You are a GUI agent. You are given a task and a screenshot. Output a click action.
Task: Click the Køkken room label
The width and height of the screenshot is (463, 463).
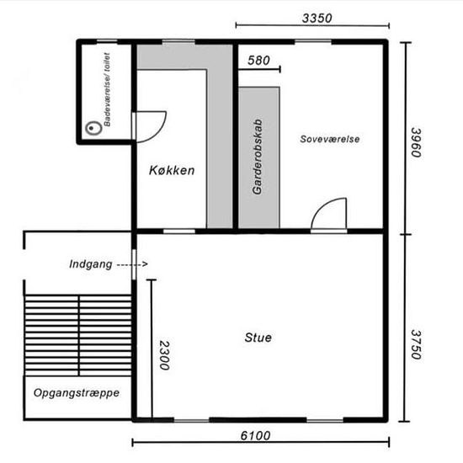point(172,170)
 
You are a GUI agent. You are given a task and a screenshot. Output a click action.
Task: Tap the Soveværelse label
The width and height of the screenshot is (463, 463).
point(330,139)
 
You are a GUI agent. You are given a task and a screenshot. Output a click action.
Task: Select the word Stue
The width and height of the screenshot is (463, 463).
point(258,338)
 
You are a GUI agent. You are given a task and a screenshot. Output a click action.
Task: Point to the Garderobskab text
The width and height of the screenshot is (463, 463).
point(258,157)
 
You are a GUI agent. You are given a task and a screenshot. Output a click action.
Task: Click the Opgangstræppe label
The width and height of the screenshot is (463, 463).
point(77,393)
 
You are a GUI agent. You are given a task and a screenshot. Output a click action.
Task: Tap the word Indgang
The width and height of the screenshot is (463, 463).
point(91,264)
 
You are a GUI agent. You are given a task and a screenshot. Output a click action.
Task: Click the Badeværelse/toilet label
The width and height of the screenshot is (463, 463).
point(107,89)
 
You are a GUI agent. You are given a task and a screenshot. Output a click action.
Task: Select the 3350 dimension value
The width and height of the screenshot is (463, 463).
point(317,19)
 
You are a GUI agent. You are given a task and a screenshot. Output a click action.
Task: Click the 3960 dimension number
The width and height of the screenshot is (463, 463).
point(417,142)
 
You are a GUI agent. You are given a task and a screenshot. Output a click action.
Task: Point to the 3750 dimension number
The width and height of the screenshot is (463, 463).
point(417,344)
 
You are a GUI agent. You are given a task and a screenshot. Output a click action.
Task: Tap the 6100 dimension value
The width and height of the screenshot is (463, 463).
point(255,436)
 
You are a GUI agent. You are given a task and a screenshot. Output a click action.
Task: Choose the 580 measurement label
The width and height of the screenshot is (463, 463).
point(258,61)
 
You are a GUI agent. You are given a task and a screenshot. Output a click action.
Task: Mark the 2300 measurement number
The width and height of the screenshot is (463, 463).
point(164,355)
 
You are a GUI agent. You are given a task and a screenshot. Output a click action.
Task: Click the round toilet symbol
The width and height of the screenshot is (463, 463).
point(93,128)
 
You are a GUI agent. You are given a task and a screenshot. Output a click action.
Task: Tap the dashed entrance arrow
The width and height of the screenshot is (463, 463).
point(132,264)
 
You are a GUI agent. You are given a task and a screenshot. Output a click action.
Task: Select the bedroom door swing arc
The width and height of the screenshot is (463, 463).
point(321,205)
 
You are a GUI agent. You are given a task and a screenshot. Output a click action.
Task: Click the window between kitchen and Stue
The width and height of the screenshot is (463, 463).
point(179,231)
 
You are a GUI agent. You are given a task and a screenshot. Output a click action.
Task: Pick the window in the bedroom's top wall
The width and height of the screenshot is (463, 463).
point(313,41)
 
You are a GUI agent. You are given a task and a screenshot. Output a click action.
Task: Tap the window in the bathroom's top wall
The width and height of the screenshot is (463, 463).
point(107,41)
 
